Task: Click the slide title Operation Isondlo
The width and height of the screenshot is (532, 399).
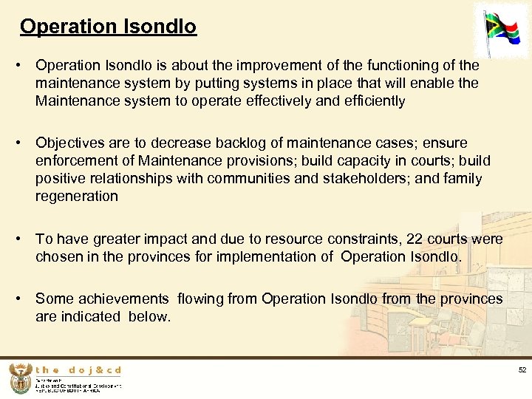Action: (108, 27)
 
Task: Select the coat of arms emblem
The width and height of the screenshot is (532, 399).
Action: (21, 378)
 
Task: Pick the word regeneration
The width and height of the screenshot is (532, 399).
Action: (77, 196)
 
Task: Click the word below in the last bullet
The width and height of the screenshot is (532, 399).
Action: (148, 316)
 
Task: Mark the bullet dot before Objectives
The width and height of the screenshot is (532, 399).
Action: (24, 143)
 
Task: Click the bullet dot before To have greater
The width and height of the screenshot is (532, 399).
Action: (24, 239)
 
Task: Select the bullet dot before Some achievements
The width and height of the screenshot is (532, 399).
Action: (24, 299)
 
